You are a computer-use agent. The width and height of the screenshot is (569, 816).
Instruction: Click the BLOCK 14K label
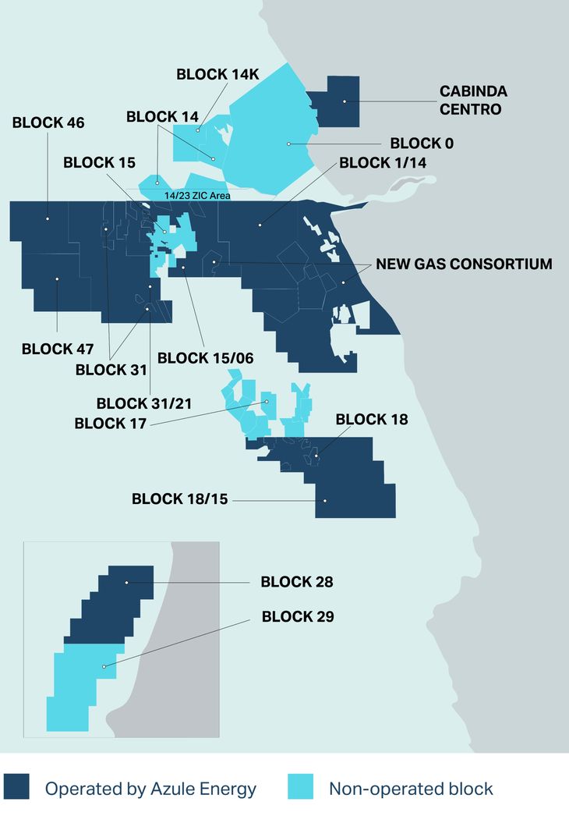(x=217, y=74)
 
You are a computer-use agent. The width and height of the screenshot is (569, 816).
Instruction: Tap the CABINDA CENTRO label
(x=473, y=101)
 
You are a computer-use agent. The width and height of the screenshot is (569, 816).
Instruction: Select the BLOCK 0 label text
(x=422, y=144)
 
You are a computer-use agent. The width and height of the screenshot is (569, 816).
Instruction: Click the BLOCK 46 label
(x=49, y=122)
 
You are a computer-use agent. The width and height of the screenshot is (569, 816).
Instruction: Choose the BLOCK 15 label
(x=99, y=163)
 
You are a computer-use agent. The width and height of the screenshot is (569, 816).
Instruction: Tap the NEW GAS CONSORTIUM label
(x=464, y=264)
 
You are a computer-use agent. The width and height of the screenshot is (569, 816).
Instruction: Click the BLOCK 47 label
(x=58, y=349)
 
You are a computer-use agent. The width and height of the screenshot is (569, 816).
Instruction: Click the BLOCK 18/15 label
(x=180, y=498)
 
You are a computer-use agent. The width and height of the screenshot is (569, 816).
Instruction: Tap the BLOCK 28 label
(x=297, y=582)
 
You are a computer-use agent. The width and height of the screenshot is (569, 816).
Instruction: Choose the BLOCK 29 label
(x=298, y=616)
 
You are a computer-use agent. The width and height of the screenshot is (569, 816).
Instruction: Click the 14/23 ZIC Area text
(x=197, y=196)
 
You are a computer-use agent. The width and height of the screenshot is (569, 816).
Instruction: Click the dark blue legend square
(x=16, y=787)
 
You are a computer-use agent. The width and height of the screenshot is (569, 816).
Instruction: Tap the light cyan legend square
(x=300, y=787)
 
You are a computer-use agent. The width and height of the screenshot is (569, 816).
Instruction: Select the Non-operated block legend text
(x=411, y=789)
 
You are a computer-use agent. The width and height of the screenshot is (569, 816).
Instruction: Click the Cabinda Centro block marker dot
(x=344, y=101)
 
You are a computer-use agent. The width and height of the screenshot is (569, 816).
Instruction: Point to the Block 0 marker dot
(x=288, y=144)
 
